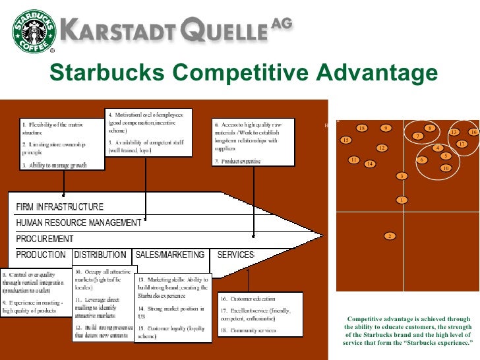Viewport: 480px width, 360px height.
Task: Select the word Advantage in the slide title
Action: click(x=373, y=72)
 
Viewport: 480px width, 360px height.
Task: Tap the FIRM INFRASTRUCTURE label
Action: click(x=60, y=207)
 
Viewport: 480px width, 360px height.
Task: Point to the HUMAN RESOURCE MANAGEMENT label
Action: click(x=79, y=223)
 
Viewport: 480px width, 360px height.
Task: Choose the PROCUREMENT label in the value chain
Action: click(x=45, y=238)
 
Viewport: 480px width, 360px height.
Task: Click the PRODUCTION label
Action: click(x=41, y=255)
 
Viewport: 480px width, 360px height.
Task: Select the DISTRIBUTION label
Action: click(x=100, y=255)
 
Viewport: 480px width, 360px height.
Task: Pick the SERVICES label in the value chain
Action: click(x=235, y=255)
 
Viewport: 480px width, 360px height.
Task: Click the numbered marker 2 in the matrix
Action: click(x=390, y=236)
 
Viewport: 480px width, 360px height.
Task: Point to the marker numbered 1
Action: click(x=401, y=200)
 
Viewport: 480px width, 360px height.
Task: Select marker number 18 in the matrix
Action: click(x=361, y=128)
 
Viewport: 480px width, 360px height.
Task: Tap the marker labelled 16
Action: click(x=472, y=133)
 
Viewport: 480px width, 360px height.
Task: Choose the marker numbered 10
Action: click(x=446, y=168)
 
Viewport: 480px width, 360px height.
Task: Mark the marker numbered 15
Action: click(x=345, y=140)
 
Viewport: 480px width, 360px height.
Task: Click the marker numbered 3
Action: click(x=401, y=176)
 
